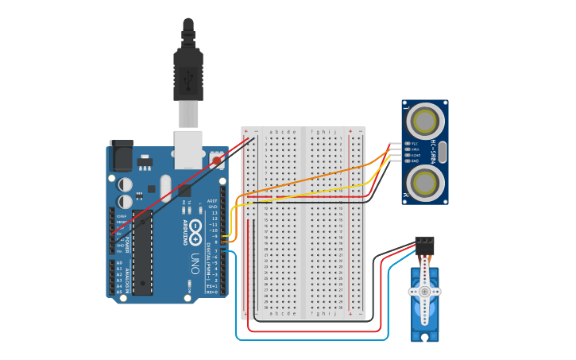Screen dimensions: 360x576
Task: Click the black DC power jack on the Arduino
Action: tap(121, 155)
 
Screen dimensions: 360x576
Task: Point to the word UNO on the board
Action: tap(195, 261)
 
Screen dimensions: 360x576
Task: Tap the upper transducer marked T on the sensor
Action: tap(425, 122)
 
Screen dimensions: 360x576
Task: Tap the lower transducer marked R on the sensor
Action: tap(425, 182)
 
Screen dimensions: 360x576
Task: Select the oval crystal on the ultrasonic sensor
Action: tap(443, 152)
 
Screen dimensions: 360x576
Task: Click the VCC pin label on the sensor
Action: tap(415, 143)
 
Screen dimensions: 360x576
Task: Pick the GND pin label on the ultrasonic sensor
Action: tap(415, 161)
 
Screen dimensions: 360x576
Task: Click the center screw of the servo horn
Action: tap(424, 292)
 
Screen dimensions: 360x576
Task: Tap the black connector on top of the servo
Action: tap(425, 246)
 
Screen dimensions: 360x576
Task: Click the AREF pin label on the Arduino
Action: tap(212, 201)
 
